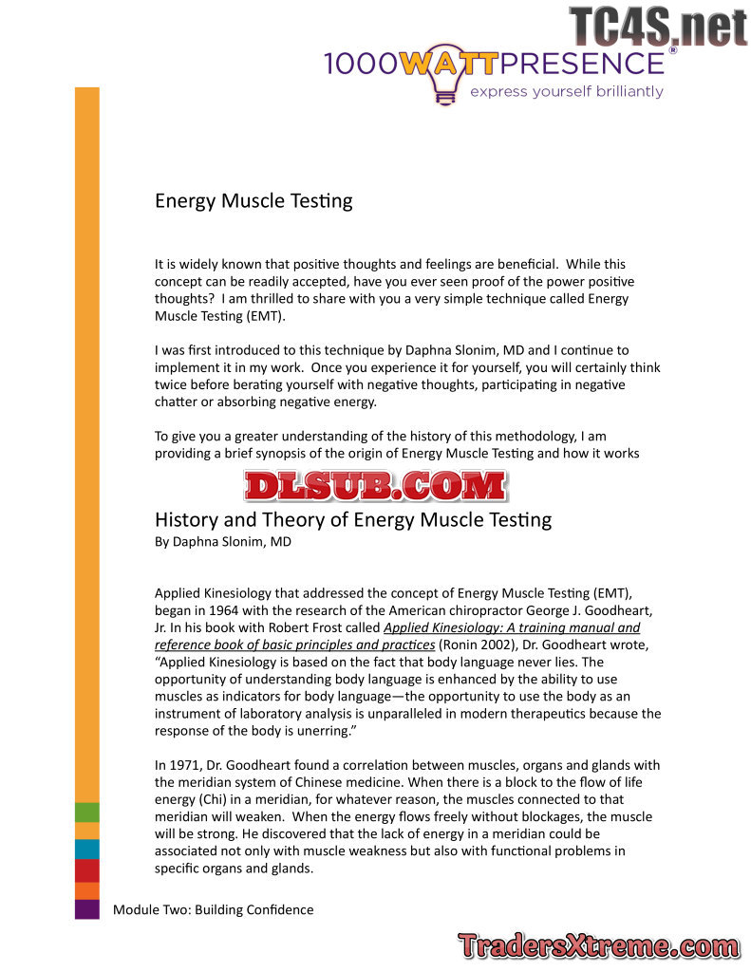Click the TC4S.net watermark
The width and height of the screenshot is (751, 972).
(658, 26)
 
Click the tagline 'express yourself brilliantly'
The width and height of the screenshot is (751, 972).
(567, 92)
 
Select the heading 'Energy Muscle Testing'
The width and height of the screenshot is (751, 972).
(253, 201)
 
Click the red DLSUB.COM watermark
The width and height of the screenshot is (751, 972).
(375, 486)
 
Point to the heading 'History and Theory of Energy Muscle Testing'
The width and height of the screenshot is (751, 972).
(352, 520)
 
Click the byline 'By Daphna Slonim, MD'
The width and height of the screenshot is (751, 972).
(223, 542)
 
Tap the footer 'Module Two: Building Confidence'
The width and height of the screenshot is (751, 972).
(213, 909)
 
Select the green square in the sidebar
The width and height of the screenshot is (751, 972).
(86, 812)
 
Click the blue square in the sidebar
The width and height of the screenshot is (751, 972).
(86, 849)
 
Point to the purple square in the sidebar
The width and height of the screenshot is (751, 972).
(86, 908)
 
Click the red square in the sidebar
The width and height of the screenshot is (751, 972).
(86, 870)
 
